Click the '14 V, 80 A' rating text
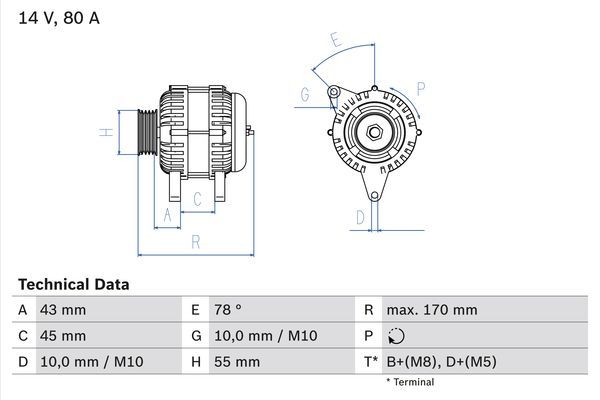coord(59,19)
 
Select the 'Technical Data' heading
coord(73,285)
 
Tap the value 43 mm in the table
coord(62,310)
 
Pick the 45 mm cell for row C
coord(62,335)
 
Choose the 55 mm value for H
coord(235,361)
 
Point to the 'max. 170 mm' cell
coord(433,310)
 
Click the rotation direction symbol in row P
coord(397,336)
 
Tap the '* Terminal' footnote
coord(409,382)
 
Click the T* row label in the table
coord(371,361)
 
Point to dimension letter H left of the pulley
coord(104,132)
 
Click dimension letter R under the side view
coord(195,241)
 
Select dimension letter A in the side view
coord(167,215)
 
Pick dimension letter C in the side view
coord(197,199)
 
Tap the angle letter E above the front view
coord(336,41)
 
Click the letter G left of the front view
coord(303,95)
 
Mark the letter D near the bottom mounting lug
coord(360,216)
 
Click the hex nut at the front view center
coord(372,133)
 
